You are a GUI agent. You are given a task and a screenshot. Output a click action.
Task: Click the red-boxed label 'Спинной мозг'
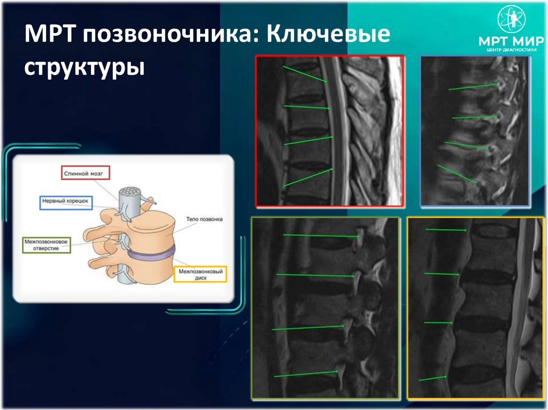[x=85, y=173]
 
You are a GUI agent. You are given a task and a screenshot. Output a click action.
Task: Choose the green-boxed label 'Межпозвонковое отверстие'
[x=46, y=245]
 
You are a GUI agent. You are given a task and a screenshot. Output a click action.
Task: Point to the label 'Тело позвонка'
[x=204, y=219]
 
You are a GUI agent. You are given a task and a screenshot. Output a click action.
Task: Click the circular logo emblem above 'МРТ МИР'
[x=512, y=19]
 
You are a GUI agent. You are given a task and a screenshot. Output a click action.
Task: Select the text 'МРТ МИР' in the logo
[x=511, y=41]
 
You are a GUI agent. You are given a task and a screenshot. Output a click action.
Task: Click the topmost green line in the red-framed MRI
[x=305, y=74]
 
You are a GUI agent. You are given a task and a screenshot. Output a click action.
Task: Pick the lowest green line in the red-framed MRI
[x=308, y=177]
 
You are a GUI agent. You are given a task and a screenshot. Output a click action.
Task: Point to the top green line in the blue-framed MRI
[x=473, y=86]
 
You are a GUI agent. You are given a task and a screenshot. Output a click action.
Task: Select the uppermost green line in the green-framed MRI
[x=320, y=235]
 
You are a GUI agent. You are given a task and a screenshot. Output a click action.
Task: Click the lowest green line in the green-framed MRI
[x=306, y=374]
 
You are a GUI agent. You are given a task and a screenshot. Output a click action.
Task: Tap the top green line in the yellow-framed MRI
[x=446, y=230]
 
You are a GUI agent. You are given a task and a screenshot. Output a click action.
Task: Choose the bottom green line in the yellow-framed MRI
[x=433, y=378]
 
